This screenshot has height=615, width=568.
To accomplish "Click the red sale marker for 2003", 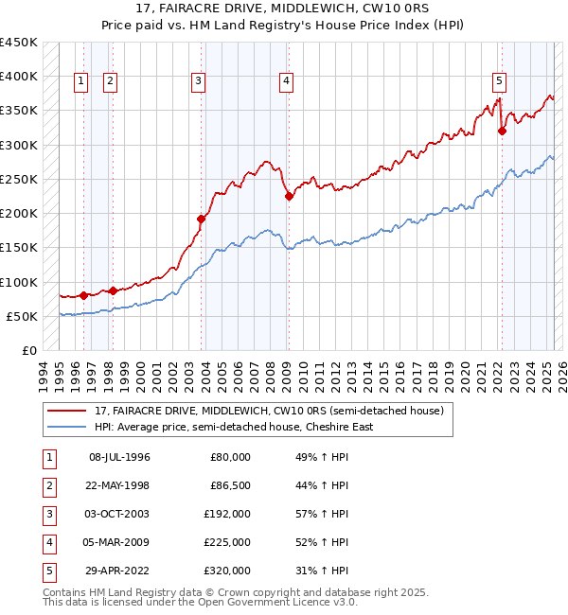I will (x=201, y=219).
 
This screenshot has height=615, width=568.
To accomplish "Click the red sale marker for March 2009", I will (x=289, y=197).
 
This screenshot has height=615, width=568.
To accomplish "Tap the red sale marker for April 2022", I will (x=502, y=132).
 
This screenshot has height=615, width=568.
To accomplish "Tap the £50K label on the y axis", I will (x=23, y=316).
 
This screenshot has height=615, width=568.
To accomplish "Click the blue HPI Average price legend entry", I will (x=233, y=427).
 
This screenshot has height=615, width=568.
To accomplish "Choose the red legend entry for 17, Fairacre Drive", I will (x=269, y=411).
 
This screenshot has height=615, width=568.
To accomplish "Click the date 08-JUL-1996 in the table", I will (x=119, y=457).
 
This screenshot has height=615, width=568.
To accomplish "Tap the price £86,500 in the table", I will (x=230, y=485).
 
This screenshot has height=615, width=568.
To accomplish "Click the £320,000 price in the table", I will (x=227, y=571).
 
